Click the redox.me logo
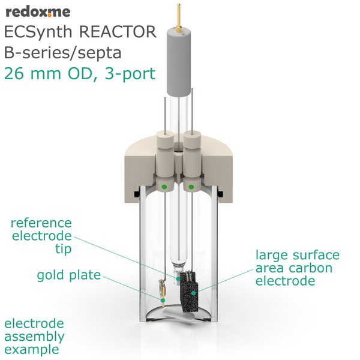38,12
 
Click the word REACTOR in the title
118,32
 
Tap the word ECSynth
38,32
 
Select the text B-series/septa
62,53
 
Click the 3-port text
130,74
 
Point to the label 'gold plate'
69,275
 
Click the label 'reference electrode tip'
41,236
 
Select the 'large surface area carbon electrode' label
298,268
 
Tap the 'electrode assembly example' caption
34,337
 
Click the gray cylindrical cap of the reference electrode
179,62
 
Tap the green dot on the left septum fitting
164,187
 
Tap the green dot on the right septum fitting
191,187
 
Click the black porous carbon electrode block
189,292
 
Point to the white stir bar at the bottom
179,316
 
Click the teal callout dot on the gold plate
163,301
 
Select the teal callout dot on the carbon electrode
194,293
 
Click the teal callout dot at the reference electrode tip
178,278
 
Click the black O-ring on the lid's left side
137,194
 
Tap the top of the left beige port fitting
165,134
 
